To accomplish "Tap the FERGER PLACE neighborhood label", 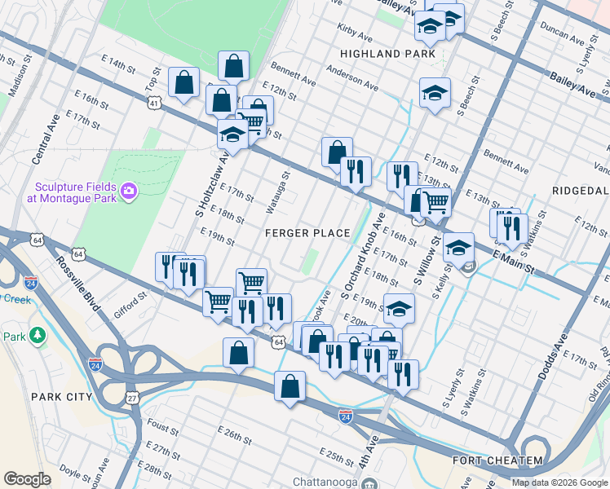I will (x=307, y=233).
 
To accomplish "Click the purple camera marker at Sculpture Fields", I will (x=129, y=192).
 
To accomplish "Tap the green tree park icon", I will (x=38, y=336).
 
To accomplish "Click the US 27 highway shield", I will (x=132, y=398).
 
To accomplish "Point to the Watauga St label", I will (x=277, y=193).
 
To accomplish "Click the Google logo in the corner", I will (x=27, y=478).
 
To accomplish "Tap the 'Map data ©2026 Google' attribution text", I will (x=559, y=482).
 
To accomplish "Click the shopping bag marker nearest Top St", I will (x=184, y=82).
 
